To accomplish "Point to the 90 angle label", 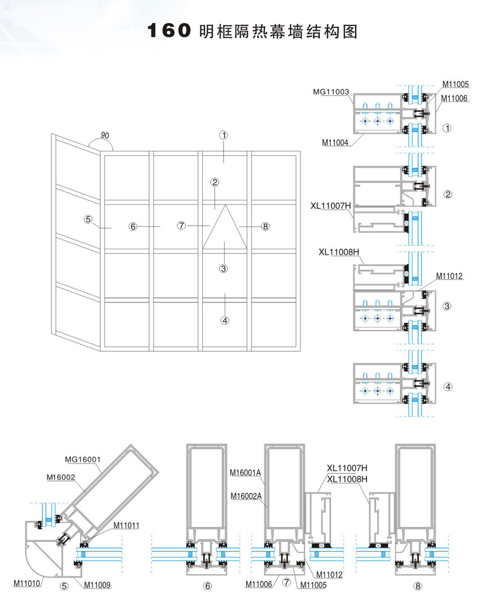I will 104,136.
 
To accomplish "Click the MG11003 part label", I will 331,92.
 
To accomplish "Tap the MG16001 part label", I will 82,459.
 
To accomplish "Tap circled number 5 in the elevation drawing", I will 88,219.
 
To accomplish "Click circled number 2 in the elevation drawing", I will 214,181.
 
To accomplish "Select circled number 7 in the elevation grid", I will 181,226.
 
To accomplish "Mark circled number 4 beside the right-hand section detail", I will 447,386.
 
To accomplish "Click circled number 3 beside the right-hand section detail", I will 447,306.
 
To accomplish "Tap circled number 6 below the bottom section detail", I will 207,585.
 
